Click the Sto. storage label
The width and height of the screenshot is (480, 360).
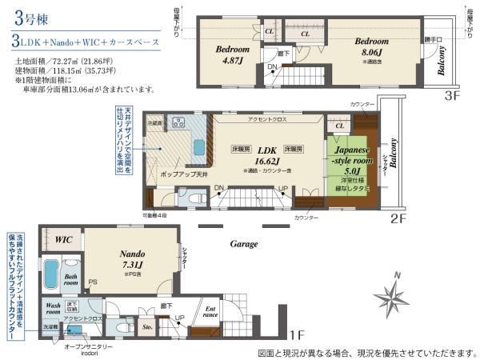tap(146, 327)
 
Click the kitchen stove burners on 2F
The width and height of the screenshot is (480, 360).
tap(178, 123)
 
